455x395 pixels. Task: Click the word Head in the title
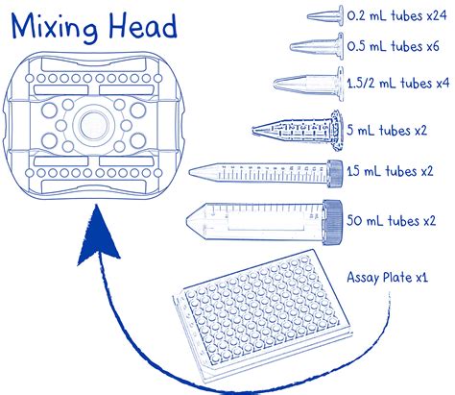[x=143, y=26]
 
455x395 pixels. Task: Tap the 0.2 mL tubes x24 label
[x=396, y=15]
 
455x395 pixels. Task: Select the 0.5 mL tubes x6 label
[x=393, y=46]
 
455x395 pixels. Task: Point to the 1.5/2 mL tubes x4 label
[x=398, y=84]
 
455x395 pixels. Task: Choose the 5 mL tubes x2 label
[x=387, y=131]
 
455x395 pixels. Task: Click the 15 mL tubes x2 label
[x=390, y=171]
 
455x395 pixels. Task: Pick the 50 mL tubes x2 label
[x=391, y=221]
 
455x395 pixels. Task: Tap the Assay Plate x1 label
[x=387, y=277]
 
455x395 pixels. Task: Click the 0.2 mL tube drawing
[x=325, y=15]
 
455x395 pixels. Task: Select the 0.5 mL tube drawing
[x=317, y=47]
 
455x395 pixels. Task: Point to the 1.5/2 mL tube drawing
[x=309, y=84]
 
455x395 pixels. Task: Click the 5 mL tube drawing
[x=297, y=131]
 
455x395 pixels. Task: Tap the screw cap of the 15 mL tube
[x=335, y=173]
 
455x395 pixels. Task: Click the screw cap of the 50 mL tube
[x=333, y=222]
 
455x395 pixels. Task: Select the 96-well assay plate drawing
[x=262, y=315]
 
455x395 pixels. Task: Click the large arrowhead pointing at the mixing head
[x=98, y=237]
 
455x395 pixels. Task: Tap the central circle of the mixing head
[x=93, y=125]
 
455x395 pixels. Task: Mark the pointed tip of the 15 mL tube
[x=190, y=173]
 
